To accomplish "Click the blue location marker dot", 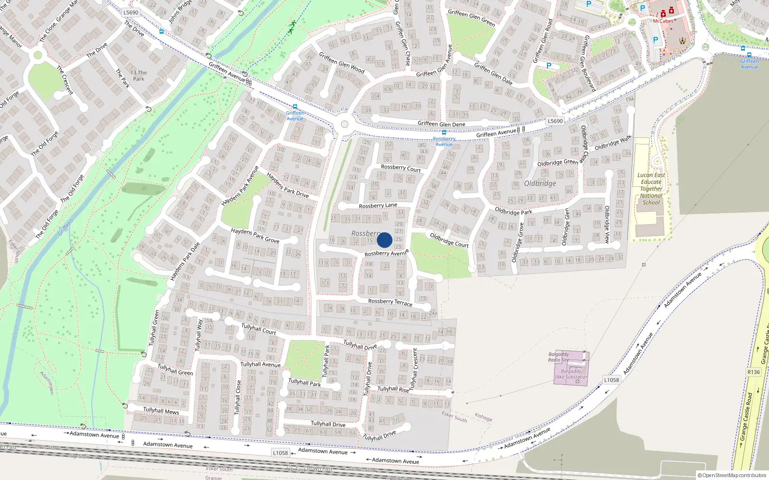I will point(384,240).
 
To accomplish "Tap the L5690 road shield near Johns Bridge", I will point(131,12).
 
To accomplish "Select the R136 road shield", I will point(754,372).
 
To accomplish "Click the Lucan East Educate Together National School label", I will point(651,189).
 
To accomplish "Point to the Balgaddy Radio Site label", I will point(558,357).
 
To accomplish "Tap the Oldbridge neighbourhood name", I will point(540,183).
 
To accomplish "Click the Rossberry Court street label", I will point(400,168).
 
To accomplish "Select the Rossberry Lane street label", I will point(378,205).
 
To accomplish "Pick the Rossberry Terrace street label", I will point(390,302).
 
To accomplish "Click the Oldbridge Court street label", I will point(449,240).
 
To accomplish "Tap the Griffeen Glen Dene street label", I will point(441,124).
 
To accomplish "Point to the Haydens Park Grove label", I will point(255,235).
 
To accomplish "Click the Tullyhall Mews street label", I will point(161,410).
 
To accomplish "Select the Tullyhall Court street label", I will point(259,329).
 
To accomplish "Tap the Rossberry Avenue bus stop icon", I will point(444,133).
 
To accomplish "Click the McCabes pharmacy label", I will point(663,21).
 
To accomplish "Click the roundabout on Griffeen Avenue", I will point(344,124).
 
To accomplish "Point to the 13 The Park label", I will point(138,76).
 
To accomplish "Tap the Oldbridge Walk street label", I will point(613,143).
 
